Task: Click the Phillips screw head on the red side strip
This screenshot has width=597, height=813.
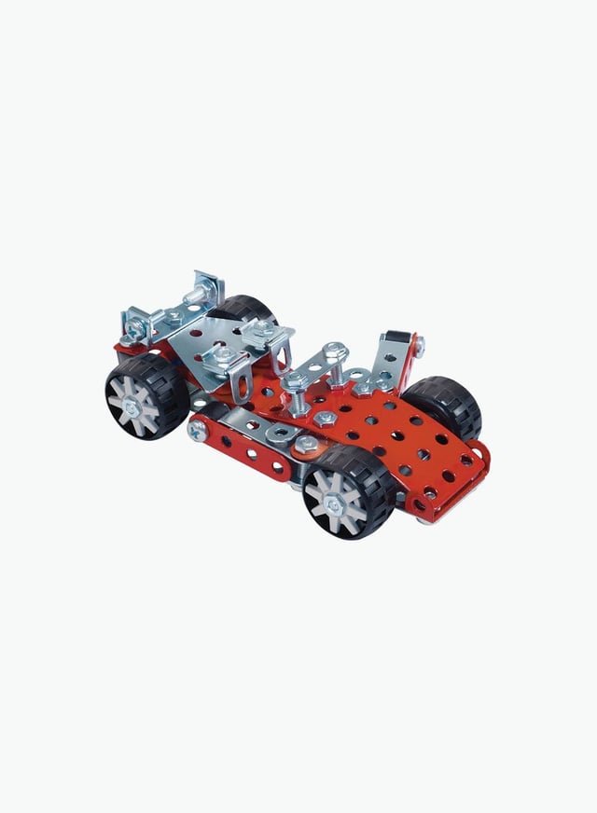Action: coord(198,430)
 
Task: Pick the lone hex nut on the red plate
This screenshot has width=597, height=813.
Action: coord(325,419)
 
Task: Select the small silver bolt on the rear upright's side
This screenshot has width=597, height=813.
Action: coord(417,347)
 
